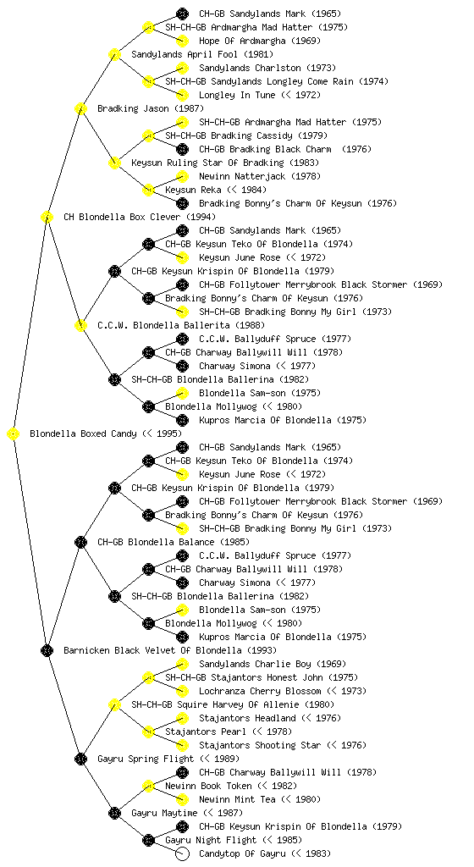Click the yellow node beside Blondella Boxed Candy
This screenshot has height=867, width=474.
pyautogui.click(x=14, y=434)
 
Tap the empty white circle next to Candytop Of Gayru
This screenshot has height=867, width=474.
pyautogui.click(x=182, y=853)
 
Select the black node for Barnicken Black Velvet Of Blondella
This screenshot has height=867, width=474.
pyautogui.click(x=47, y=651)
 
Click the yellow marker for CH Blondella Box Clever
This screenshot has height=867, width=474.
pyautogui.click(x=47, y=218)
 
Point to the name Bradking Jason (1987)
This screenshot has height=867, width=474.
pyautogui.click(x=151, y=109)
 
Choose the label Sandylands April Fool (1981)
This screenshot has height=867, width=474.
pyautogui.click(x=202, y=55)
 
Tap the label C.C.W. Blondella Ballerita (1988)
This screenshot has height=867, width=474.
pyautogui.click(x=181, y=326)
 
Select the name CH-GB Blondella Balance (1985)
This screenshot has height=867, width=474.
pyautogui.click(x=174, y=543)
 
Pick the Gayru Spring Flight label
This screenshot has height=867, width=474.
pyautogui.click(x=146, y=759)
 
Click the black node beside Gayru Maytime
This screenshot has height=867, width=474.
pyautogui.click(x=114, y=814)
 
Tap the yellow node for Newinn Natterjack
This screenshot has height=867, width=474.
pyautogui.click(x=182, y=176)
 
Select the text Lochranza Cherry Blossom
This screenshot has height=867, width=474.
pyautogui.click(x=260, y=691)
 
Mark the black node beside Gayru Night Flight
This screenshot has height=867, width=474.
pyautogui.click(x=148, y=841)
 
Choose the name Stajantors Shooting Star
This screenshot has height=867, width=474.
pyautogui.click(x=260, y=745)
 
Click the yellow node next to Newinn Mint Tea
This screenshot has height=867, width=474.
pyautogui.click(x=182, y=799)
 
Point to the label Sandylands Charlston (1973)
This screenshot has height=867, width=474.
pyautogui.click(x=267, y=68)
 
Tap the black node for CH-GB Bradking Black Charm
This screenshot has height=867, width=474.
pyautogui.click(x=182, y=149)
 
